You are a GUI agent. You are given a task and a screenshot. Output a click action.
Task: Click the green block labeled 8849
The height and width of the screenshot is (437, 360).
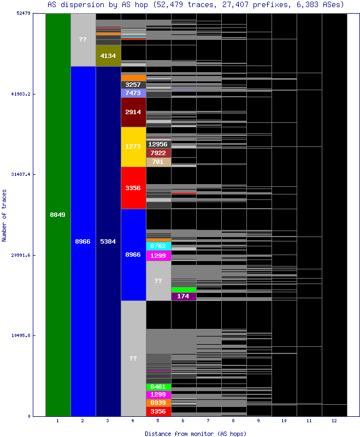click(x=58, y=215)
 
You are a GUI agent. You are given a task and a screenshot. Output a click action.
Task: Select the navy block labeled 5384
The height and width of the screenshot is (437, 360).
click(x=108, y=241)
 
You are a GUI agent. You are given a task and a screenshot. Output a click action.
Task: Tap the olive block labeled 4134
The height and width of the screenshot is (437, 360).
click(x=108, y=56)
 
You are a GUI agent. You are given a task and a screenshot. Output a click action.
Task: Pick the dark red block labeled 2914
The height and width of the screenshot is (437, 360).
click(x=133, y=112)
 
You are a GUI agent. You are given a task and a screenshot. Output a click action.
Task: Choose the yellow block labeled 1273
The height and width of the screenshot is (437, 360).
click(x=133, y=147)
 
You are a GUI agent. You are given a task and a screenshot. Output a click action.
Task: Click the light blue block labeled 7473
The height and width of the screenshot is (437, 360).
click(x=133, y=93)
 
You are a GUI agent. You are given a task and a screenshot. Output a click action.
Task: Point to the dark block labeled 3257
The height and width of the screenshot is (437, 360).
click(x=133, y=85)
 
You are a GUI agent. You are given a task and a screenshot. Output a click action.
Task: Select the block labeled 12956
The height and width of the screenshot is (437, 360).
click(x=158, y=144)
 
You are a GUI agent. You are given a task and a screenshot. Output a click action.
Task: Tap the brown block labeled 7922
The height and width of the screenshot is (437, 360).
click(x=158, y=153)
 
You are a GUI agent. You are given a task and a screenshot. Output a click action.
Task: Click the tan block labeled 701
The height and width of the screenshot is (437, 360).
click(x=158, y=162)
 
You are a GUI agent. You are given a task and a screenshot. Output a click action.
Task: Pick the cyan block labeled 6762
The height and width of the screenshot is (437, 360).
click(x=158, y=246)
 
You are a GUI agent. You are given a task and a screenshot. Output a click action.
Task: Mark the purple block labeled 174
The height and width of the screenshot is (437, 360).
click(x=184, y=297)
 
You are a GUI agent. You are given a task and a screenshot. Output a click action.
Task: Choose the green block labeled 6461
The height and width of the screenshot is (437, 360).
click(x=158, y=387)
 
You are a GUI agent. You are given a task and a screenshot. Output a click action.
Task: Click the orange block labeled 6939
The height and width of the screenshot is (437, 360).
click(x=158, y=403)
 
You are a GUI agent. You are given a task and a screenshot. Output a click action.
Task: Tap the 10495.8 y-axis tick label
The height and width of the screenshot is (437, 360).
click(x=20, y=335)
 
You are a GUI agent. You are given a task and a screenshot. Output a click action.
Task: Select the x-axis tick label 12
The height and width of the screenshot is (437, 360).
click(x=334, y=421)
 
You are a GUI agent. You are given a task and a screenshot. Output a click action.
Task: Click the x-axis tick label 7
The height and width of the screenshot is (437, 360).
click(x=209, y=421)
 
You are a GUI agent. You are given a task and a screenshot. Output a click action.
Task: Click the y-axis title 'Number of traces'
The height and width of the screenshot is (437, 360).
click(x=4, y=215)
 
